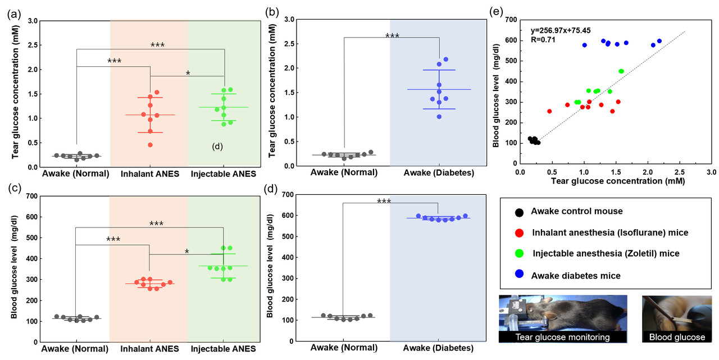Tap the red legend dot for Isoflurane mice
[x=519, y=233]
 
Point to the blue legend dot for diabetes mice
[x=519, y=275]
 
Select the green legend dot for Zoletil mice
[x=519, y=254]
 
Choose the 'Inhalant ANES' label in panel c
[x=150, y=349]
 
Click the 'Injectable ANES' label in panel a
[x=224, y=174]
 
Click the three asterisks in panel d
[x=384, y=202]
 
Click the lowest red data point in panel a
[x=150, y=145]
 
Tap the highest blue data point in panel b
[x=445, y=60]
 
